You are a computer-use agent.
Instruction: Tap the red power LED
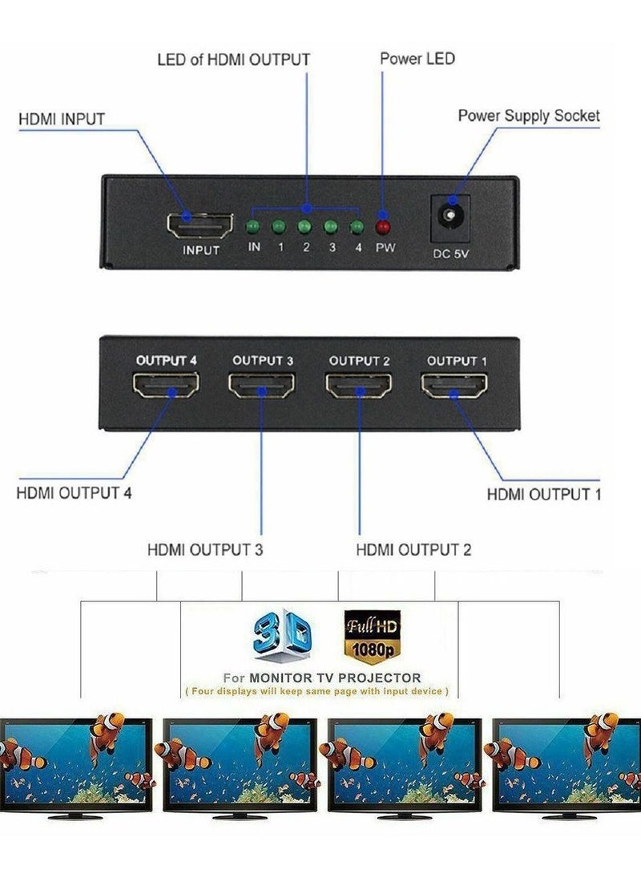[x=384, y=226]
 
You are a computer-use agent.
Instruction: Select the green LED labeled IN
[x=254, y=226]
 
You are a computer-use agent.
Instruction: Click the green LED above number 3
[x=331, y=226]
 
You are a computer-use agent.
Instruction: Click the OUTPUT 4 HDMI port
[x=166, y=390]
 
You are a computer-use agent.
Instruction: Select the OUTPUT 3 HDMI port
[x=261, y=390]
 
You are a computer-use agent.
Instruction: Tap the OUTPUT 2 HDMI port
[x=358, y=390]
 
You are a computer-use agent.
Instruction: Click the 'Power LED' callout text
[x=417, y=59]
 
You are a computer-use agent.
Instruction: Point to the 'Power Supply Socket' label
[x=529, y=115]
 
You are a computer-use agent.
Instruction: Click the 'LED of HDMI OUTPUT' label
[x=233, y=59]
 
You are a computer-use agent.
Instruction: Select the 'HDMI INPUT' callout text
[x=62, y=119]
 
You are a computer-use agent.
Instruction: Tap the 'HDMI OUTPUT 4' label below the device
[x=74, y=492]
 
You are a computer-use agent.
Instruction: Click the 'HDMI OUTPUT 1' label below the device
[x=544, y=494]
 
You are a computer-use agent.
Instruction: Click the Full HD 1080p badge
[x=371, y=634]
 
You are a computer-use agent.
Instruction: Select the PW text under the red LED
[x=385, y=247]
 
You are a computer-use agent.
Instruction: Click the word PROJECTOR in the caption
[x=381, y=678]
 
